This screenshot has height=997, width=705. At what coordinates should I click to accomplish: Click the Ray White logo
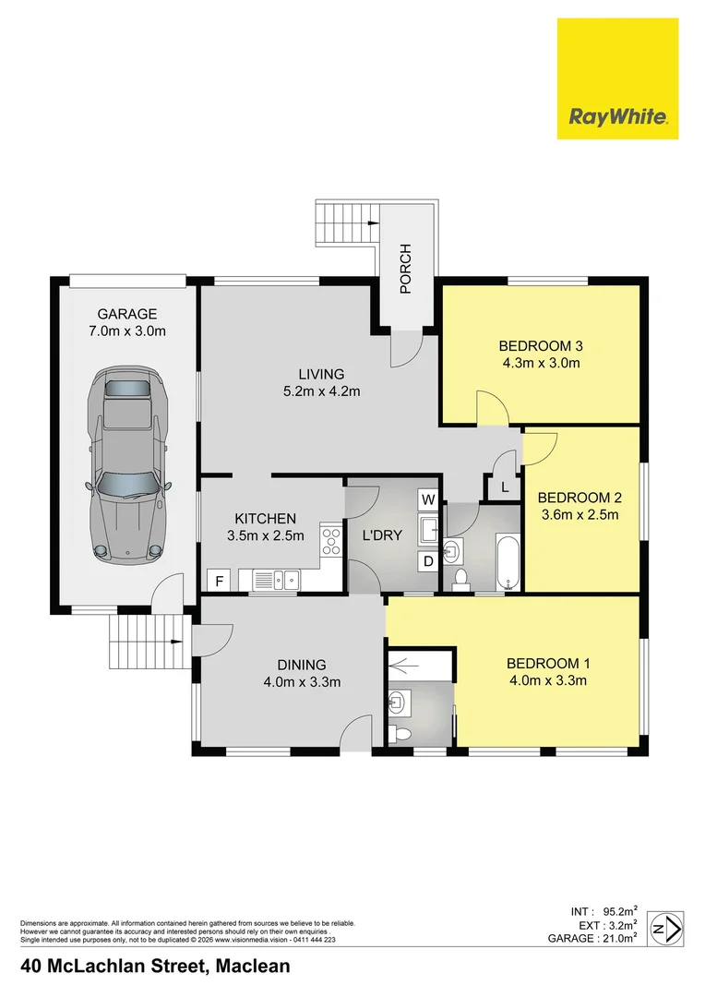pyautogui.click(x=617, y=78)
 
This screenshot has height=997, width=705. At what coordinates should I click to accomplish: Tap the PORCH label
pyautogui.click(x=405, y=269)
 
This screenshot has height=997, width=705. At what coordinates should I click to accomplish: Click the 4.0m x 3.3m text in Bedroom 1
pyautogui.click(x=549, y=681)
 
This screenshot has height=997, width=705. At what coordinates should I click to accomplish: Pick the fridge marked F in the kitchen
pyautogui.click(x=219, y=582)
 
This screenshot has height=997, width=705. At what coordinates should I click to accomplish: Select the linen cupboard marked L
pyautogui.click(x=504, y=487)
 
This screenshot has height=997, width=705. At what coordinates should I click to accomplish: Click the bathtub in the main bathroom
pyautogui.click(x=508, y=560)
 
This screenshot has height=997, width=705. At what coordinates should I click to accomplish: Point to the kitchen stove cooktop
pyautogui.click(x=329, y=540)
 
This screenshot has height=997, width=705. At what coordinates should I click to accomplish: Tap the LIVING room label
pyautogui.click(x=320, y=374)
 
